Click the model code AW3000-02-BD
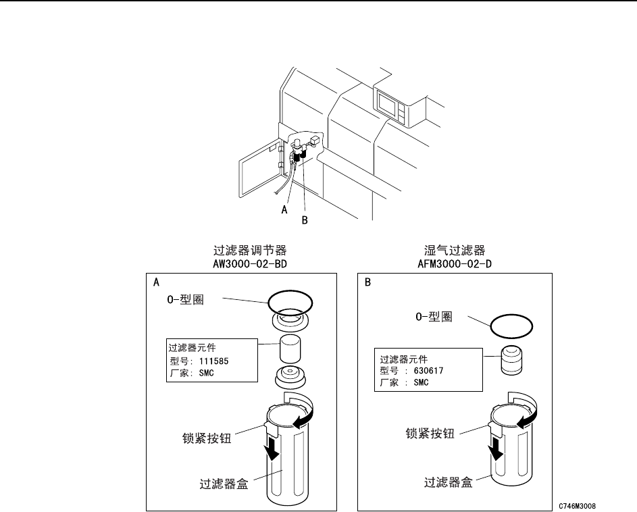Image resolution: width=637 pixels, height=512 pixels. click(240, 263)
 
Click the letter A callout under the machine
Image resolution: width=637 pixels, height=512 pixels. click(286, 209)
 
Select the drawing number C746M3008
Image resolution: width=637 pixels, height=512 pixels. click(578, 505)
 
